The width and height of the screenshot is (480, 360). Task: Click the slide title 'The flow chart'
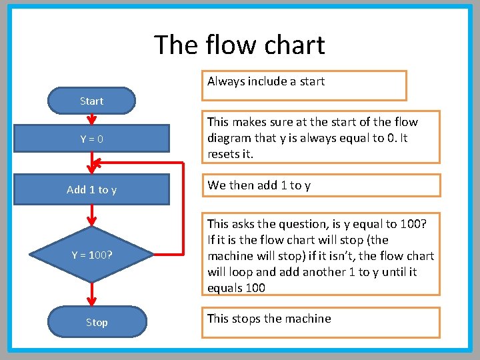239,45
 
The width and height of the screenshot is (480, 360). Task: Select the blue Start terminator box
91,101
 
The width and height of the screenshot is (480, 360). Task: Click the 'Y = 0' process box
91,139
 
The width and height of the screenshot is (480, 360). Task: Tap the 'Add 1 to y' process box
91,189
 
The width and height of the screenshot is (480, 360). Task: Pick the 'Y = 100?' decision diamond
91,254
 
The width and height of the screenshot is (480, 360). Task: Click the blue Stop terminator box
97,322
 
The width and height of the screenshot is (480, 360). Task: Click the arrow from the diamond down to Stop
91,293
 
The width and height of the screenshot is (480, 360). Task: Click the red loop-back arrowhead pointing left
97,162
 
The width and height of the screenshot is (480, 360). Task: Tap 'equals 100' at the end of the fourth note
236,288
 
